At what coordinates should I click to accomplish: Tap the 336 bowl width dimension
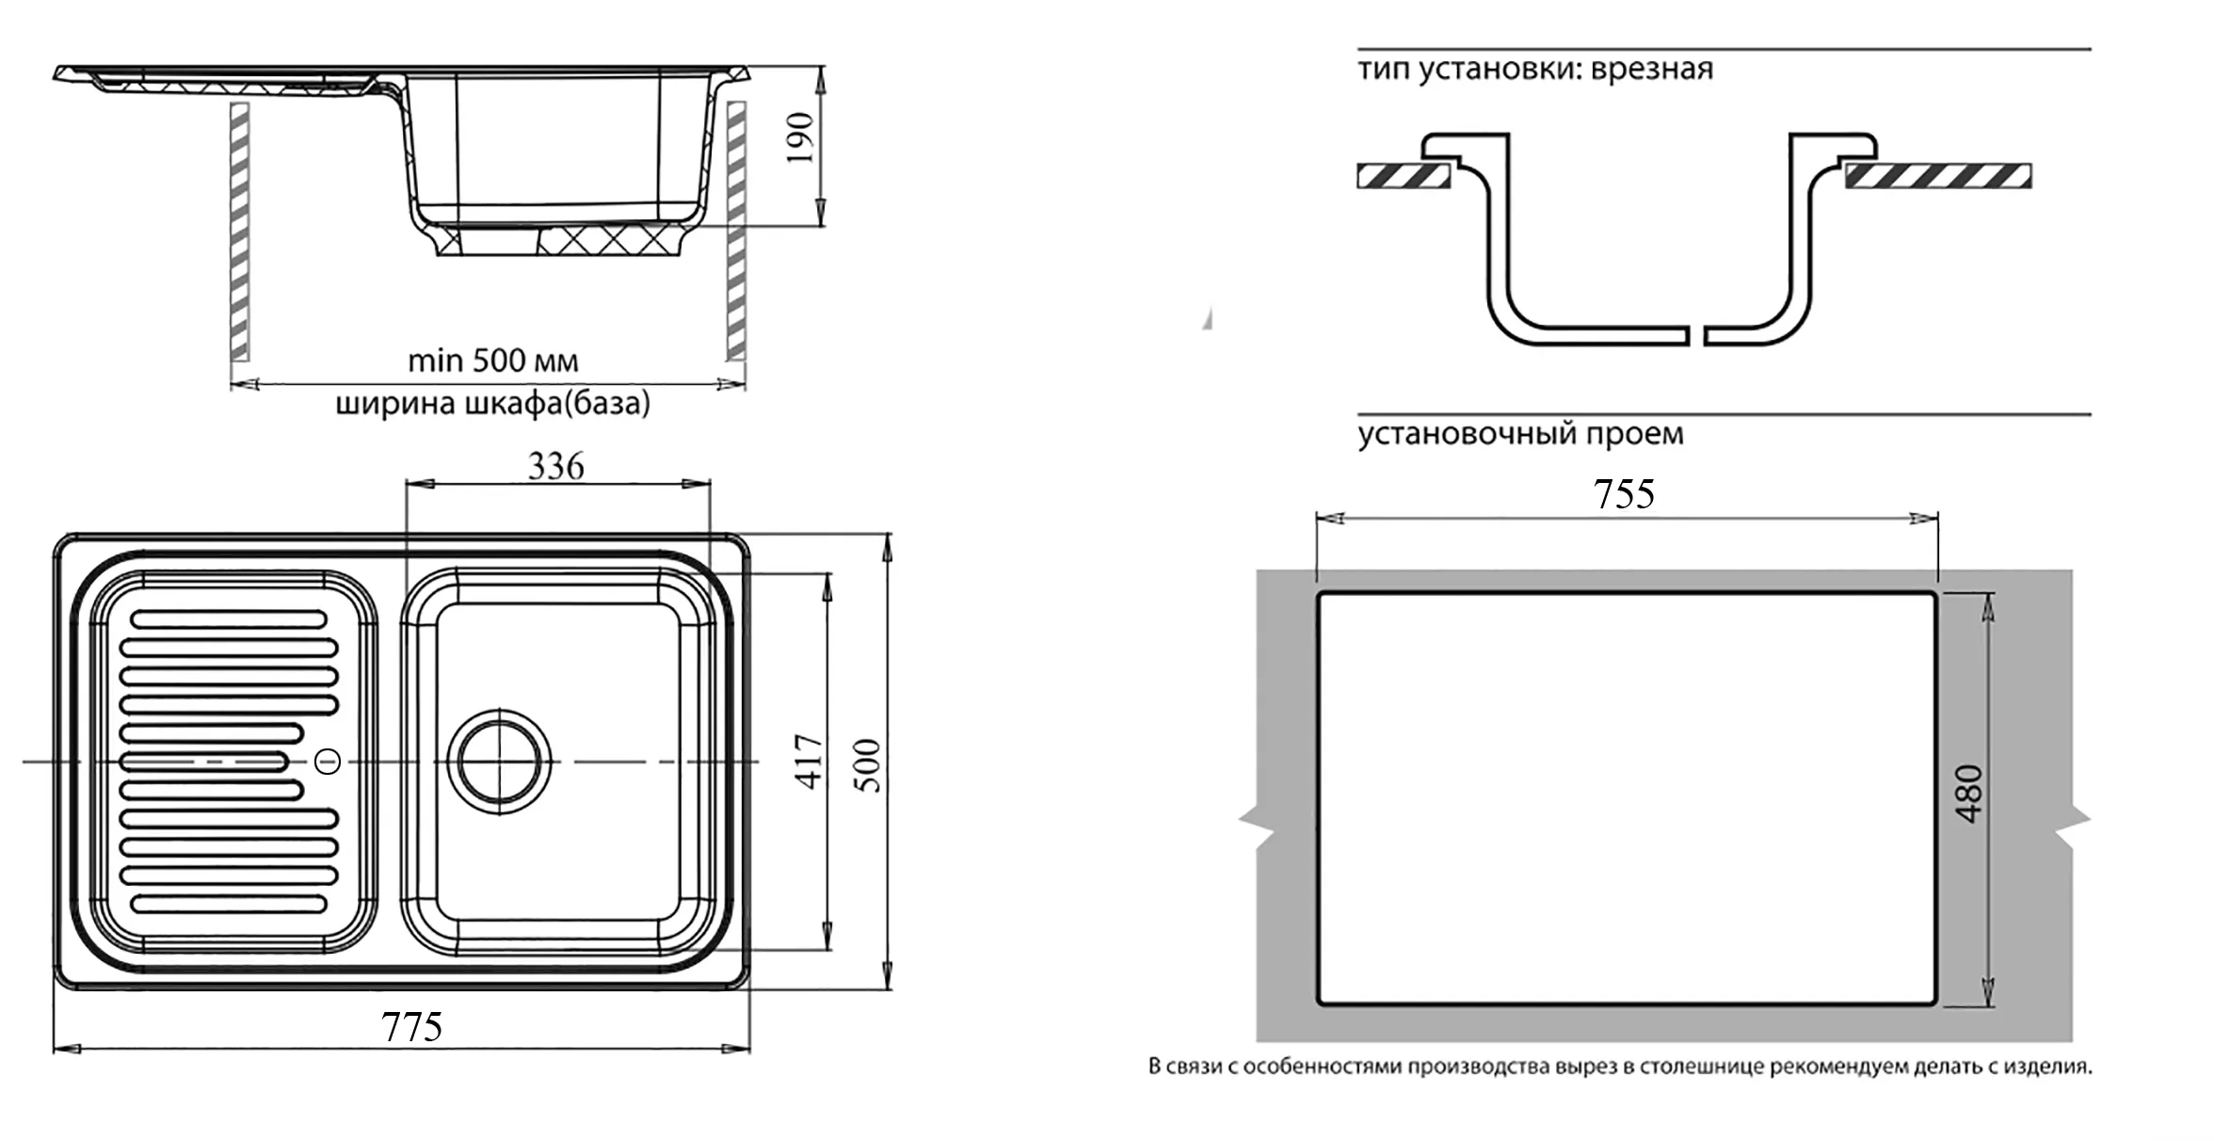(x=555, y=466)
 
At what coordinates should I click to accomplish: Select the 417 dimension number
(x=809, y=761)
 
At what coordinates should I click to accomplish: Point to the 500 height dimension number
(x=870, y=764)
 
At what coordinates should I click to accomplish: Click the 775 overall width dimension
(x=411, y=1026)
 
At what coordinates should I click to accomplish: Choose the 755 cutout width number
(x=1624, y=494)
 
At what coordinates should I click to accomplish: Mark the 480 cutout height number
(x=1968, y=794)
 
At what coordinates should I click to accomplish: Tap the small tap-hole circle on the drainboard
(x=328, y=761)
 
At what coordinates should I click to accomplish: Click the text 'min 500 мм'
(x=492, y=361)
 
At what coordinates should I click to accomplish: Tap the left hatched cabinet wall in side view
(x=240, y=231)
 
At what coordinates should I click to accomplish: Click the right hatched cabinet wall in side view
(x=736, y=231)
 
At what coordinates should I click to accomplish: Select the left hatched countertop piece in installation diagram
(x=1403, y=176)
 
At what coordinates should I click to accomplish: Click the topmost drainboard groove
(x=229, y=619)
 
